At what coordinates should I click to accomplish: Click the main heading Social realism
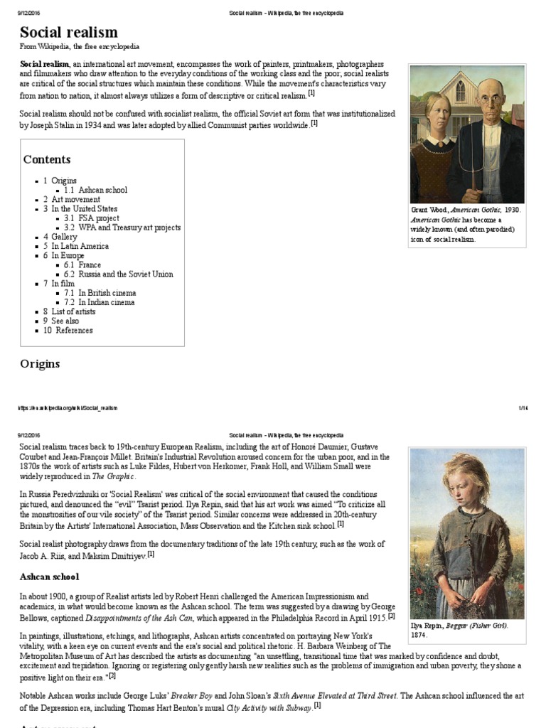[x=69, y=32]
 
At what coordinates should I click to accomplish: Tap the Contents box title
[x=47, y=159]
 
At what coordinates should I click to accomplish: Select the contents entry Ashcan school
[x=102, y=190]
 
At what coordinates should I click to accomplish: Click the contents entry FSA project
[x=99, y=218]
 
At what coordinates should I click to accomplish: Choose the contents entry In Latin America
[x=80, y=246]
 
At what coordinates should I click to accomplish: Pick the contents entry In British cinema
[x=107, y=293]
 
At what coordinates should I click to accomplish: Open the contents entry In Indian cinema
[x=106, y=302]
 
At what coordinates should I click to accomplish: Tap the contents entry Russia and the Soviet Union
[x=125, y=274]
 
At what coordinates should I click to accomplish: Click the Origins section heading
[x=40, y=364]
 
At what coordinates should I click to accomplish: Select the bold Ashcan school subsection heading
[x=49, y=577]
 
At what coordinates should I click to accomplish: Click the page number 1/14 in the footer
[x=523, y=407]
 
